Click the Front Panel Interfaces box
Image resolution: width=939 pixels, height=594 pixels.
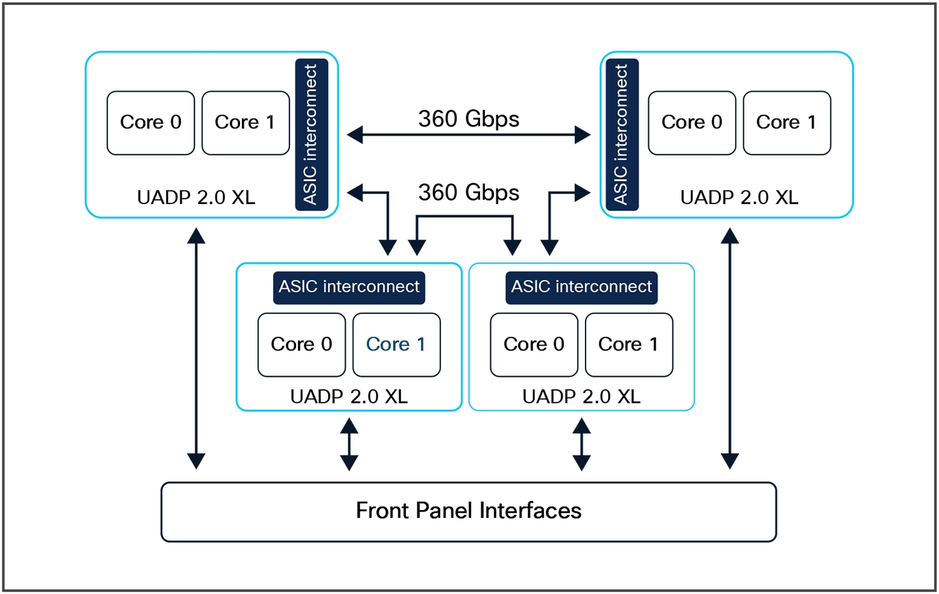[x=468, y=511]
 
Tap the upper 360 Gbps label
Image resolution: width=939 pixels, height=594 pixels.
[x=468, y=119]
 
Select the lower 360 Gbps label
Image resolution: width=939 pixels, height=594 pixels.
[x=468, y=192]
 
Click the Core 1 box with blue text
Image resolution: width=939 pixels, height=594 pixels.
[x=396, y=344]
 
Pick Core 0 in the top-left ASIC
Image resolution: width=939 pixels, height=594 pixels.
[x=150, y=122]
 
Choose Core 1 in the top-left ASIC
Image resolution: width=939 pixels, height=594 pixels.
[x=245, y=122]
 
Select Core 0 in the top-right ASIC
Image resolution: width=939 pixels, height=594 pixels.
[x=691, y=122]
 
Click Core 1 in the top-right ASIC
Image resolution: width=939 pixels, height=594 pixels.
[x=786, y=122]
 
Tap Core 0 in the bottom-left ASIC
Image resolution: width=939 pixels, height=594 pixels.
[x=301, y=344]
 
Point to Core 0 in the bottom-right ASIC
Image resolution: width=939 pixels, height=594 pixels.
[x=534, y=344]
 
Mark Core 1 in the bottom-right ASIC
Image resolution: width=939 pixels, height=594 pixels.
[x=628, y=344]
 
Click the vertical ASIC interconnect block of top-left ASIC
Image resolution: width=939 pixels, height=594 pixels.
[x=311, y=135]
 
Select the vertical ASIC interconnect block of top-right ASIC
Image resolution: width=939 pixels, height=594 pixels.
[x=622, y=135]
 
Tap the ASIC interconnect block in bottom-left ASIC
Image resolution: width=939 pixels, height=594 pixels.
[x=349, y=287]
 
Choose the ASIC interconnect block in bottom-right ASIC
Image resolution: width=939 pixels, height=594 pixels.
[x=581, y=287]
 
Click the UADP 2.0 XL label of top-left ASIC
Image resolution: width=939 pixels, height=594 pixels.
[x=196, y=197]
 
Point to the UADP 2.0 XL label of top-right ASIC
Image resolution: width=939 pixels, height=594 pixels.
[x=739, y=197]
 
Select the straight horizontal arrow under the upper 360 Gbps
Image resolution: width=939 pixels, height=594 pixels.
[x=468, y=135]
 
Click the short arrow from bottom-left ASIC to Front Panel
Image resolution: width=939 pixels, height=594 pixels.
[x=349, y=444]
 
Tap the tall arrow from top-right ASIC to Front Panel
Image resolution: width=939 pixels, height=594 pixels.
[x=730, y=348]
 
